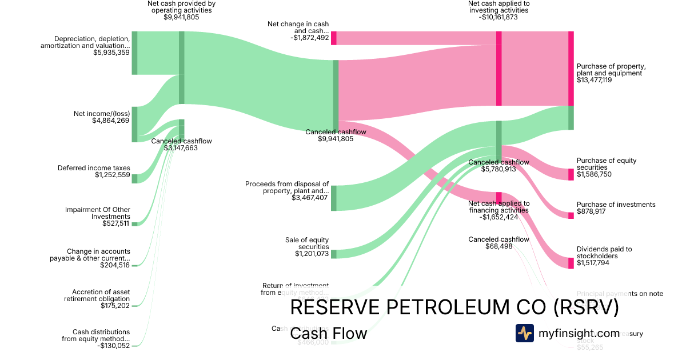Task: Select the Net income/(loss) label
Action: (x=102, y=114)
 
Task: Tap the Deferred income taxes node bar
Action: (x=135, y=179)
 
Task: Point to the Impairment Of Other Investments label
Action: (x=98, y=213)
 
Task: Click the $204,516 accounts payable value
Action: (x=115, y=265)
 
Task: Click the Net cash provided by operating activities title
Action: (x=181, y=6)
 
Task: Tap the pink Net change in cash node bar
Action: (x=334, y=38)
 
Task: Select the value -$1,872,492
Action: (x=309, y=38)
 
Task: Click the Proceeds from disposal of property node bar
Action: (x=334, y=198)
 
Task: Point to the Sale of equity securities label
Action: (x=307, y=243)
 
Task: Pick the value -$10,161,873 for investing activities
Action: (x=498, y=17)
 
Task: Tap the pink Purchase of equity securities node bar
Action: (x=571, y=174)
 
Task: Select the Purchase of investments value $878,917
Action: (x=594, y=211)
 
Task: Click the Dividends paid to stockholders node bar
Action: (x=571, y=263)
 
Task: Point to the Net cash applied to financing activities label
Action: (x=498, y=207)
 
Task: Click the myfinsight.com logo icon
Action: (x=525, y=333)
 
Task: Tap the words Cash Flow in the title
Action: (x=328, y=334)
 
